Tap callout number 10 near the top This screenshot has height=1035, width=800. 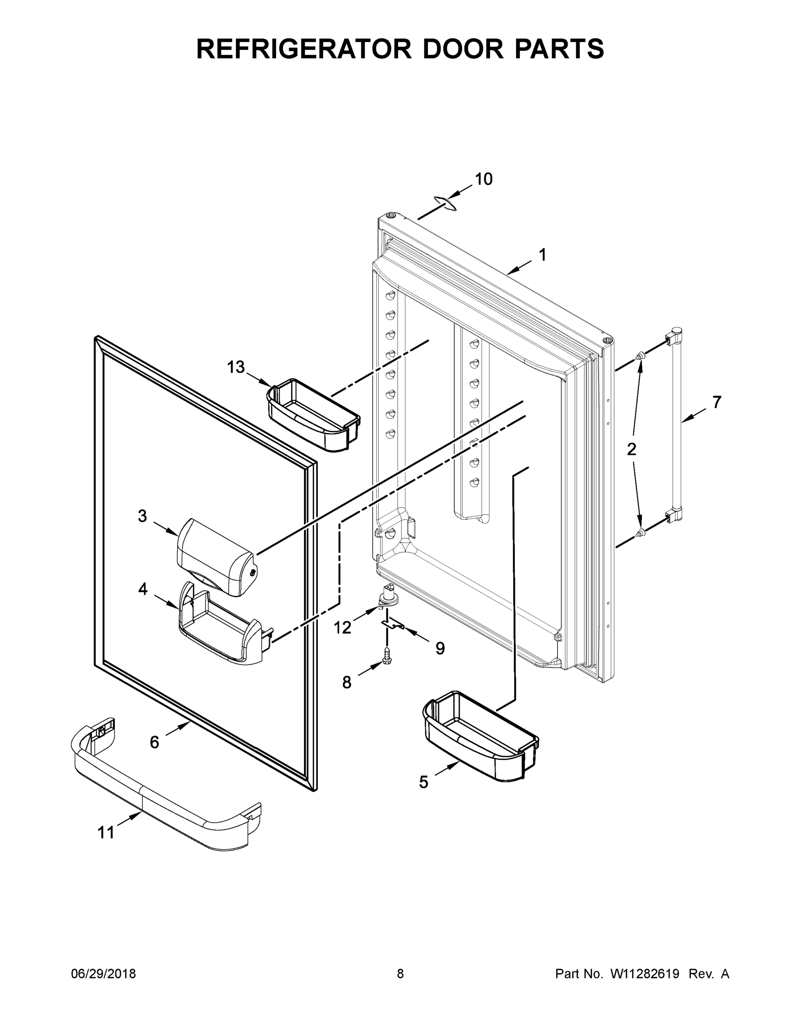pos(483,179)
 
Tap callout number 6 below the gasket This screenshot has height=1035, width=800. pos(154,742)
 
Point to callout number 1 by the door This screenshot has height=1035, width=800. pos(542,255)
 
